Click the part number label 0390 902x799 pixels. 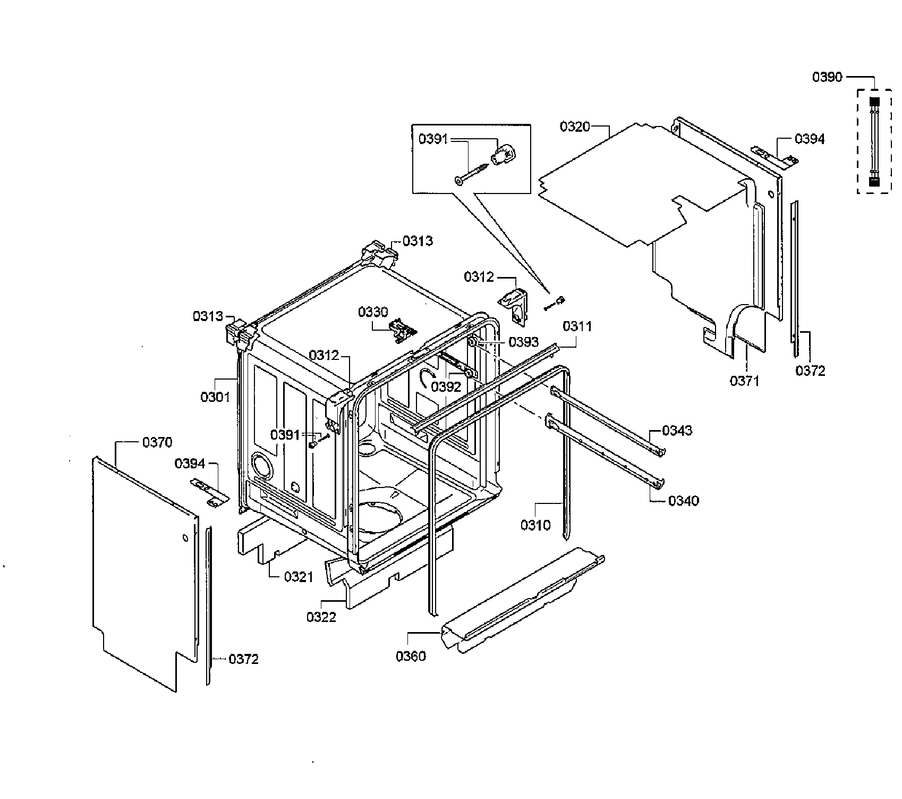click(x=827, y=77)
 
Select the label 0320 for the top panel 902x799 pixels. click(x=575, y=127)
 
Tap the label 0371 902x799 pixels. click(x=744, y=381)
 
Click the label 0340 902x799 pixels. click(x=683, y=500)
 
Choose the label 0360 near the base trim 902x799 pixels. click(x=411, y=656)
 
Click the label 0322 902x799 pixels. click(x=321, y=617)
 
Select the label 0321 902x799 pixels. click(x=299, y=576)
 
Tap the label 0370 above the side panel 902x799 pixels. click(x=157, y=442)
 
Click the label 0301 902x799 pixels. click(x=215, y=397)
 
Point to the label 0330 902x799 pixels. click(x=373, y=312)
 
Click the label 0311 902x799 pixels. click(x=577, y=326)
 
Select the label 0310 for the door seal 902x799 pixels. click(x=535, y=525)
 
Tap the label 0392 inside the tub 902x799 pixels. click(x=446, y=387)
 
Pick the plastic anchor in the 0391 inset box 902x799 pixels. click(x=503, y=155)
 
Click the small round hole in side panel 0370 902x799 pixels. click(x=185, y=539)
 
